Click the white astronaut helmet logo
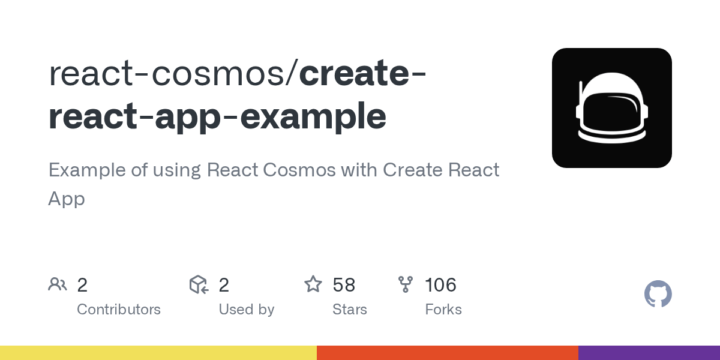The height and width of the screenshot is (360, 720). tap(612, 108)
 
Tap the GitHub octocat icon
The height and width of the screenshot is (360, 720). tap(658, 294)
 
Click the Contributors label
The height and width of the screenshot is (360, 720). tap(119, 310)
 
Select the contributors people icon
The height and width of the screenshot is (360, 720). tap(58, 284)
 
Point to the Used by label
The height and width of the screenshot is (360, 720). tap(246, 310)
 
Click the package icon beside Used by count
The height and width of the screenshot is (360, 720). tap(199, 284)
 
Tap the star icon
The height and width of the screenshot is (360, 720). tap(313, 284)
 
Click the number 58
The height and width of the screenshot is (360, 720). tap(344, 284)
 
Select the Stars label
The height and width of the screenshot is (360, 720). tap(349, 310)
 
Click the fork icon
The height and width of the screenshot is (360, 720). tap(406, 284)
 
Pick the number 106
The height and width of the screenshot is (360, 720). tap(440, 284)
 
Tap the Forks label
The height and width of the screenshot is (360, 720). tap(443, 310)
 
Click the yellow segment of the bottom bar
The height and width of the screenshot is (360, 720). tap(158, 353)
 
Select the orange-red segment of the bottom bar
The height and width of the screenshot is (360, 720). tap(448, 353)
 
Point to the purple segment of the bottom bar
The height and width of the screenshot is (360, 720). tap(649, 353)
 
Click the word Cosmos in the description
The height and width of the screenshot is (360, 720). tap(302, 170)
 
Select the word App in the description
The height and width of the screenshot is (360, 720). tap(66, 199)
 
